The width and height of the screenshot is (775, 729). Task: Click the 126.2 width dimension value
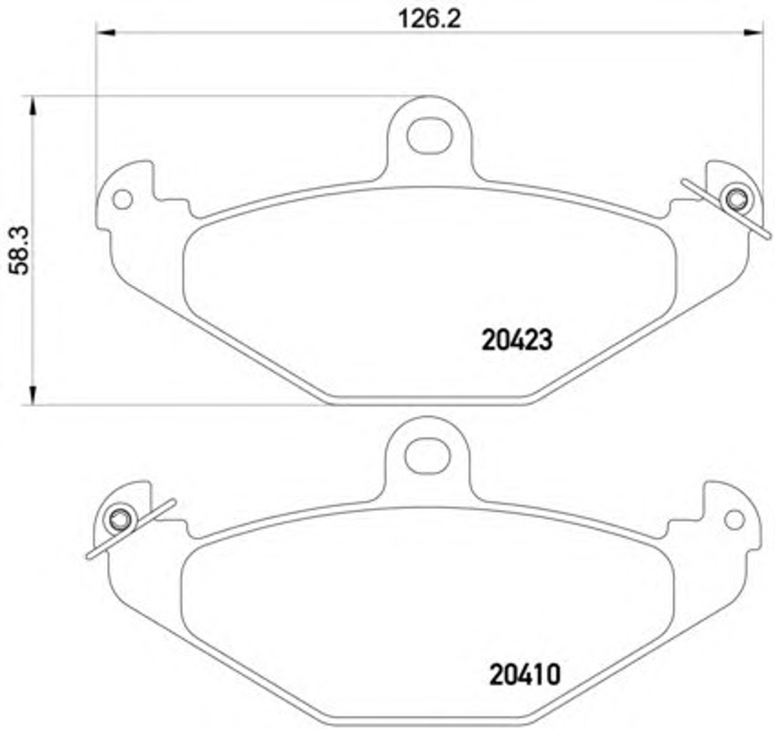[429, 19]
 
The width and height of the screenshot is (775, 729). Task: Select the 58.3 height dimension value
[20, 251]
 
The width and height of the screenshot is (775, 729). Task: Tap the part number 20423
[517, 340]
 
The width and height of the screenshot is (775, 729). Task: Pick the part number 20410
[525, 675]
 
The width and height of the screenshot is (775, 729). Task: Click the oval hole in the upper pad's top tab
[429, 136]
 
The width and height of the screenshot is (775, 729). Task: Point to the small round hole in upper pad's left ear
[123, 200]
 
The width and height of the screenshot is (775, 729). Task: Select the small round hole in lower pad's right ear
[734, 520]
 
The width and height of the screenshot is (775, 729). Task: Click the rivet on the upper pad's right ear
[737, 199]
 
